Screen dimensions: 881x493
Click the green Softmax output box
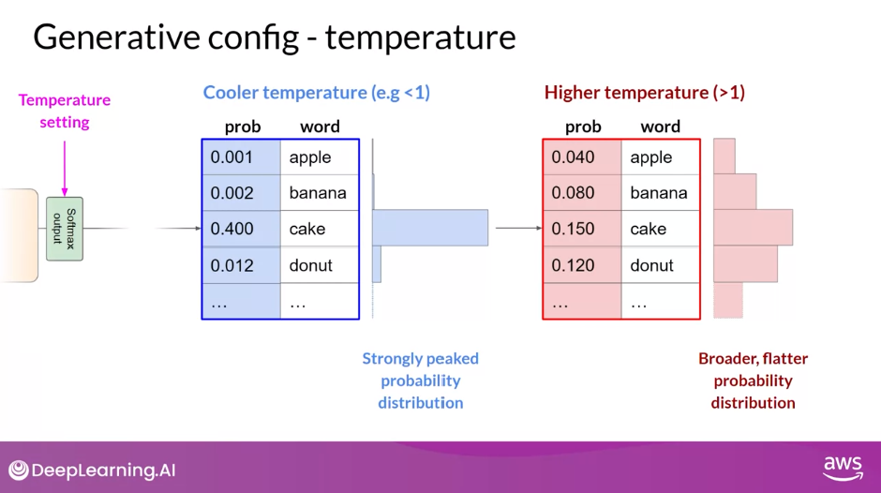(65, 229)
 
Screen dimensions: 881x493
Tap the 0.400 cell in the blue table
(241, 229)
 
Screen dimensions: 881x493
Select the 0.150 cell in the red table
(582, 229)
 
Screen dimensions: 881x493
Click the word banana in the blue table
(318, 193)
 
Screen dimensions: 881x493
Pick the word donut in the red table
(651, 265)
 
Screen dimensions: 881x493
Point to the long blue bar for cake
(430, 228)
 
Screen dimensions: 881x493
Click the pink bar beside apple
(724, 157)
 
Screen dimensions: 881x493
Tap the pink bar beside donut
(746, 263)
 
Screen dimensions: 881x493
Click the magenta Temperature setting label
(65, 111)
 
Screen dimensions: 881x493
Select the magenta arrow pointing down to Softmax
(65, 168)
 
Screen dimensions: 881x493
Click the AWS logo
(843, 469)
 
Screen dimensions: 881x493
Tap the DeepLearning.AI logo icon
(19, 470)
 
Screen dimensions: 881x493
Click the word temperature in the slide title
(420, 37)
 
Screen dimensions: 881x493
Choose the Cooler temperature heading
(317, 92)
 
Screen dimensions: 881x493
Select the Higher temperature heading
(645, 92)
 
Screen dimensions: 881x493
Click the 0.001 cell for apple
(241, 157)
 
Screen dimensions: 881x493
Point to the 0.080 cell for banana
(582, 193)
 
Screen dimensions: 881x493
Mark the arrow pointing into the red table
(519, 228)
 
